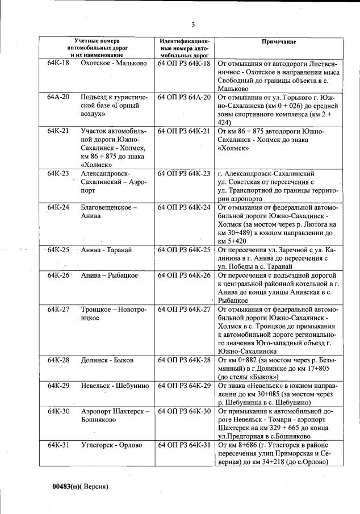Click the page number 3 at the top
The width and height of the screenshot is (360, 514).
(x=193, y=24)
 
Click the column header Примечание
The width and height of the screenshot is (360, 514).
(x=281, y=43)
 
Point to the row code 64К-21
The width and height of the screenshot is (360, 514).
(x=58, y=131)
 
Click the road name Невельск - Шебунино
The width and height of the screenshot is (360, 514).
(x=115, y=386)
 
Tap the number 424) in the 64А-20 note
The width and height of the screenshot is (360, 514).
(x=225, y=122)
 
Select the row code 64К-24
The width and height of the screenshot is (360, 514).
(x=58, y=207)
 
